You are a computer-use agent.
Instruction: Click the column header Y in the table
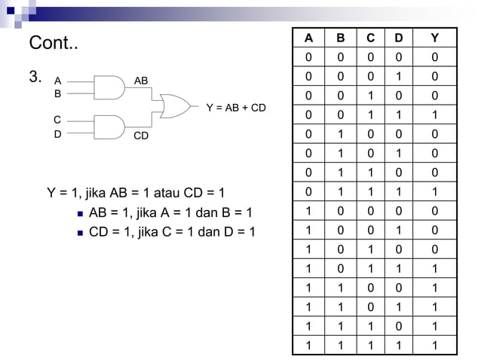tap(434, 38)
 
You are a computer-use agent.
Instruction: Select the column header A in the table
tap(308, 38)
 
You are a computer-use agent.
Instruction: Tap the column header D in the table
tap(397, 38)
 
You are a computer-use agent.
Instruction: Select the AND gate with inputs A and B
tap(109, 87)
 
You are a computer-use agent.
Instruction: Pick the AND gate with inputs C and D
tap(109, 127)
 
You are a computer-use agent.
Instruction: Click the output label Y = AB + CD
tap(236, 108)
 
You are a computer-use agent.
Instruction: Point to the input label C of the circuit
tap(57, 120)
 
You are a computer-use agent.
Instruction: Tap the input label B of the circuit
tap(57, 95)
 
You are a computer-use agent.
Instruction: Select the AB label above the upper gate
tap(141, 80)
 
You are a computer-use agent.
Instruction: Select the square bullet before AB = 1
tap(79, 213)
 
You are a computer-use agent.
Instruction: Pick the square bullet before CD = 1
tap(79, 232)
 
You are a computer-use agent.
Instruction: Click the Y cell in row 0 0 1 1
tap(434, 115)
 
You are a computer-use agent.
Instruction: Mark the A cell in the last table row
tap(308, 346)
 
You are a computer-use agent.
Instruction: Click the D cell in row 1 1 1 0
tap(397, 327)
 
